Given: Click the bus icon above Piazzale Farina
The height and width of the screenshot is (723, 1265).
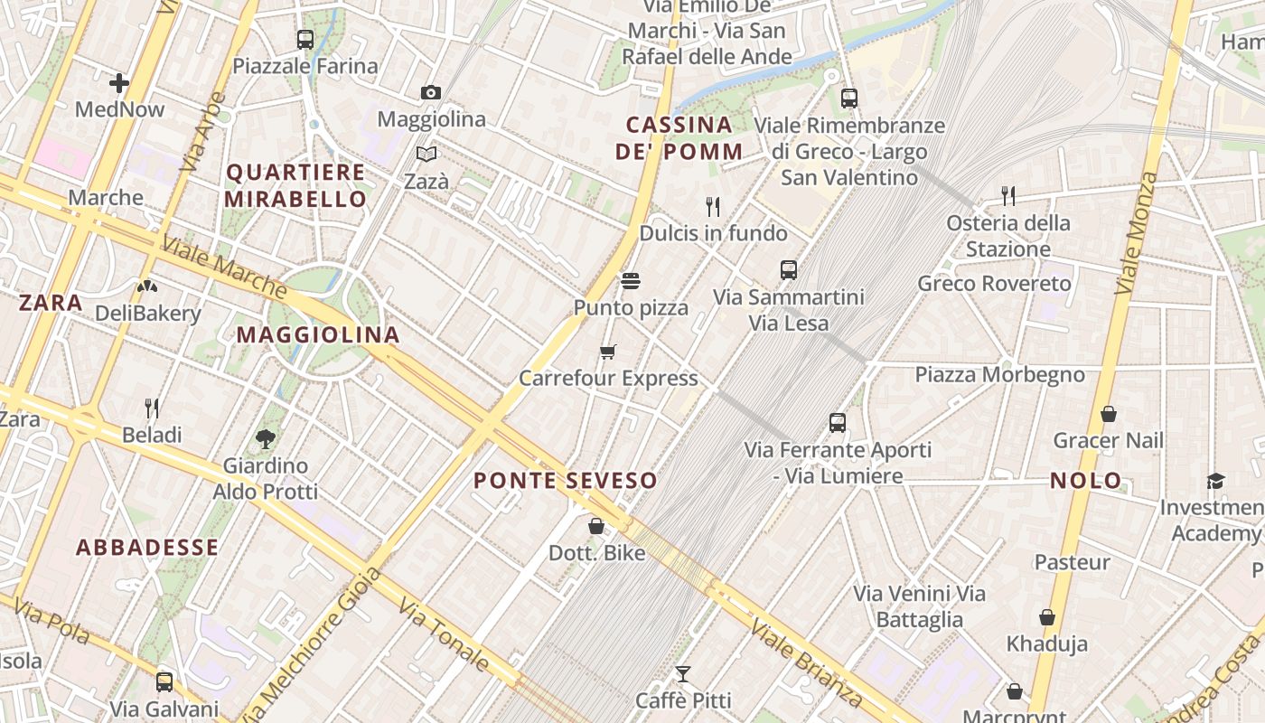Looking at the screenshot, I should point(305,40).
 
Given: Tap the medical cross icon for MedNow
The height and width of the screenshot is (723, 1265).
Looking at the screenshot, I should point(119,83).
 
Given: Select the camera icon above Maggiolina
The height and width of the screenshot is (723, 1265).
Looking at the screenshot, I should point(431,92).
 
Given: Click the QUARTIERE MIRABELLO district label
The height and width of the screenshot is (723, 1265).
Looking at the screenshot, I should point(295,185).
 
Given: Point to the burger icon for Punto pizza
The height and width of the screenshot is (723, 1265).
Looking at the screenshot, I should point(631,281).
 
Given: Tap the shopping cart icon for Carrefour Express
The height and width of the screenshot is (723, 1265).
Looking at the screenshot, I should point(608,352).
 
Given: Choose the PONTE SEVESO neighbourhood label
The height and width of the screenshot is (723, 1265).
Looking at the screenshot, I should point(566,480).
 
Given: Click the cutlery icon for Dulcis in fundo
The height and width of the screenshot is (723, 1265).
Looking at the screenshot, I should point(713,207).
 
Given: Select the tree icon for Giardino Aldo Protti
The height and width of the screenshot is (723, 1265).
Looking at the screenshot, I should point(266,440).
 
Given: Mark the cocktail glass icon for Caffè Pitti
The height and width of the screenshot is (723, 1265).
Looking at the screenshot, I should point(683,674).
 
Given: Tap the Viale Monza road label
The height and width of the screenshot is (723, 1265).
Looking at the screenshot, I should point(1136,232).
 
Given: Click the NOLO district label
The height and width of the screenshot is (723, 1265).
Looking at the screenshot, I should point(1086,480).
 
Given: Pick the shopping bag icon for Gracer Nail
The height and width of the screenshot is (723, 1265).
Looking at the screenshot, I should point(1109,415).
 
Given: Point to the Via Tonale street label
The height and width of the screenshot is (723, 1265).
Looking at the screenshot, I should point(444,636).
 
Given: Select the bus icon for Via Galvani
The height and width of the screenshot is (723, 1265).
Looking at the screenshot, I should point(164,682).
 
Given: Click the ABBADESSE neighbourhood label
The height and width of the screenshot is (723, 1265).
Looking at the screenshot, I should point(147,547).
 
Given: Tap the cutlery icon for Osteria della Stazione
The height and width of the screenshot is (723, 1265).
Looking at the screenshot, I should point(1008,195).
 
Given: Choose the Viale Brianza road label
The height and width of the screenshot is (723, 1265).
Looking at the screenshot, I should point(806,662).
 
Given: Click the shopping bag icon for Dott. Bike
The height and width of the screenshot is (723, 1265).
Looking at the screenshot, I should point(596,526).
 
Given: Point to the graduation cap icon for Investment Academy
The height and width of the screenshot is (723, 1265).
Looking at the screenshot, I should point(1216,482).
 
